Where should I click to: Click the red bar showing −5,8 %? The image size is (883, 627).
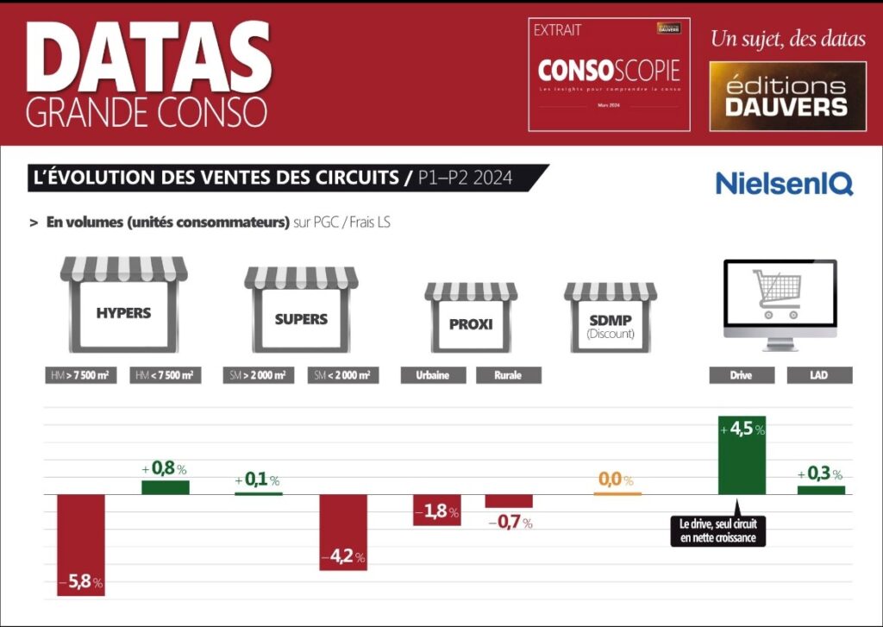point(80,544)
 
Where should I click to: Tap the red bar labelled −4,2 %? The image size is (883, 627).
point(343,531)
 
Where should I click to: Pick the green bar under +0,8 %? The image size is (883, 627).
point(165,487)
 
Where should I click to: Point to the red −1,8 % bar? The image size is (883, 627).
point(437,510)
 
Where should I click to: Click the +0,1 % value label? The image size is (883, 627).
point(257,480)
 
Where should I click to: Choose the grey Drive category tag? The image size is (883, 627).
point(742,375)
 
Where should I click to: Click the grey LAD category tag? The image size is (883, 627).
point(819,375)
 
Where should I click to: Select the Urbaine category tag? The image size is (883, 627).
point(434,375)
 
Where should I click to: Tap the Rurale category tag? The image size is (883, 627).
point(506,375)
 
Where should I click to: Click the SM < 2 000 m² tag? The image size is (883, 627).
point(343,375)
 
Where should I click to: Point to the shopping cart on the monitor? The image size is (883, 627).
point(776,292)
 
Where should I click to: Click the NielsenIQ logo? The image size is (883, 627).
point(784,183)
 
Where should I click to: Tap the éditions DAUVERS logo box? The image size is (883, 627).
point(787,97)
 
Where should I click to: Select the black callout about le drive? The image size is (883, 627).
point(717,531)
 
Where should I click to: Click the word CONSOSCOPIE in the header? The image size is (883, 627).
point(609,70)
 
